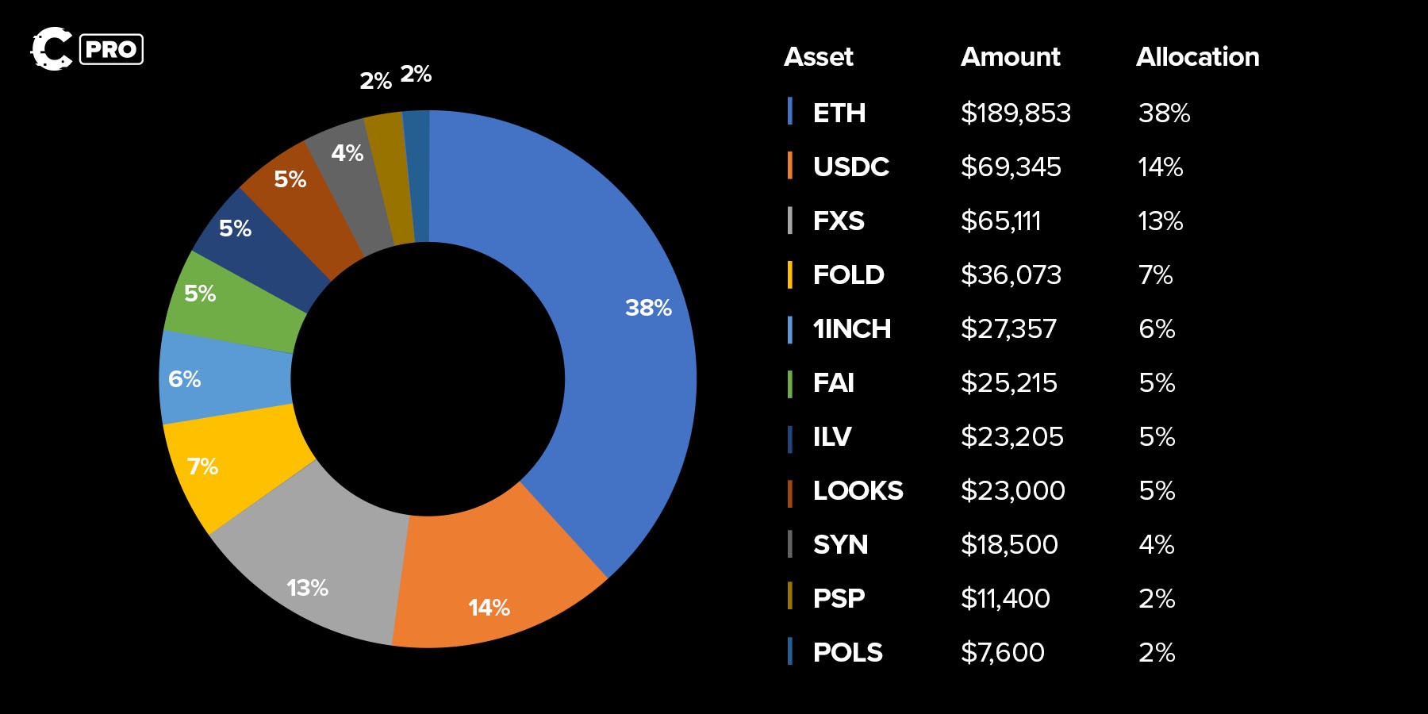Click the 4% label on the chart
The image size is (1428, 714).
(x=347, y=153)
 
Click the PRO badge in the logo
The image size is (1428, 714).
(x=111, y=49)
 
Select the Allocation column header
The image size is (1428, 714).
(x=1197, y=57)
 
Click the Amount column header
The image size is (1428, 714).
(x=1010, y=57)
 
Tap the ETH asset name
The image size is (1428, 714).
(x=839, y=113)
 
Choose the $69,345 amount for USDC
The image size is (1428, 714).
(x=1010, y=167)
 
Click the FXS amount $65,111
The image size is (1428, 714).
(x=1000, y=221)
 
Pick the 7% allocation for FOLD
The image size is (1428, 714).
(x=1155, y=275)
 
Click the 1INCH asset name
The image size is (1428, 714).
(x=851, y=329)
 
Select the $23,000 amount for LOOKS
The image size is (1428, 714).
(x=1012, y=491)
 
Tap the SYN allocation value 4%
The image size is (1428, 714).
(x=1156, y=545)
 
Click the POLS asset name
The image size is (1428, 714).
(x=847, y=653)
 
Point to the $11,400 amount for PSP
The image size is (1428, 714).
(x=1005, y=599)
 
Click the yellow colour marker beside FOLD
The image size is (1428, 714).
(x=789, y=274)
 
